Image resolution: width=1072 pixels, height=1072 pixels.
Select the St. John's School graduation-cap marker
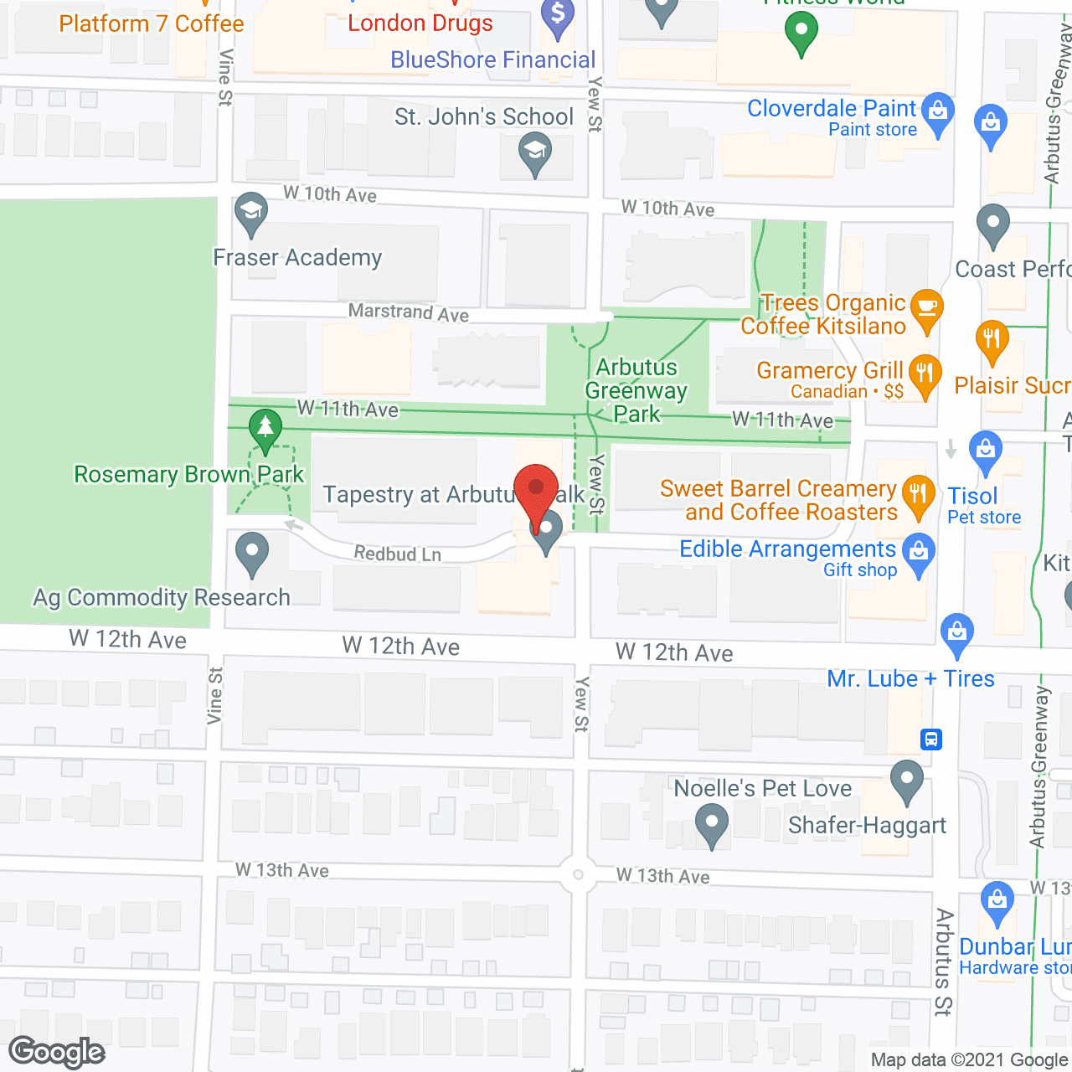tap(534, 153)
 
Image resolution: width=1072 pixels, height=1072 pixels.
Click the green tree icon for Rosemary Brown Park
tap(265, 429)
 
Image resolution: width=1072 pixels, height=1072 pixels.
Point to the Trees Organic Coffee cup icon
tap(926, 308)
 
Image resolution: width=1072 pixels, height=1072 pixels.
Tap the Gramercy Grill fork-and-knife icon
tap(925, 374)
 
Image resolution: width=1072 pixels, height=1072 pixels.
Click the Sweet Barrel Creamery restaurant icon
tap(919, 494)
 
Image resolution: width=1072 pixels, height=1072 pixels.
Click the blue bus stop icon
tap(931, 740)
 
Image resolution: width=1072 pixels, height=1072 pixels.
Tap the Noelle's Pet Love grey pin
tap(712, 823)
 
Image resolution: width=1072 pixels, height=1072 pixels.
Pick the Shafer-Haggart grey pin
tap(906, 781)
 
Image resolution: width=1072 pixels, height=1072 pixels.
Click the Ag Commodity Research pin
tap(252, 553)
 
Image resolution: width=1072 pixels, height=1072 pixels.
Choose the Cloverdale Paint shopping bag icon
tap(938, 112)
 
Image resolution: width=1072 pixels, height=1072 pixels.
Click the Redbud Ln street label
tap(397, 554)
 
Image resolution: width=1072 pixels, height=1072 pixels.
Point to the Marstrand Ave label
tap(408, 312)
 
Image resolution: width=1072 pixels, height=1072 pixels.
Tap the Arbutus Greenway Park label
tap(636, 390)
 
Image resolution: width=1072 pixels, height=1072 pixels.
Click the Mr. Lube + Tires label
tap(910, 678)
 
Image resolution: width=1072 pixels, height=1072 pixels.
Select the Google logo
tap(57, 1052)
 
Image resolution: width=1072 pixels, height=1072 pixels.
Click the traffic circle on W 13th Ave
tap(578, 874)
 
